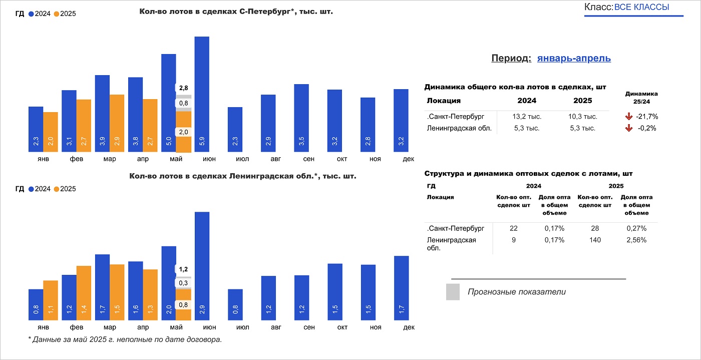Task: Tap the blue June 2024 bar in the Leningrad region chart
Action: [202, 266]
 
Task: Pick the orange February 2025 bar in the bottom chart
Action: [84, 293]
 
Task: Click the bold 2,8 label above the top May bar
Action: [183, 88]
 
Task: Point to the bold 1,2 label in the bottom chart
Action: [183, 269]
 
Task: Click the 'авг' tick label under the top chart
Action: [268, 159]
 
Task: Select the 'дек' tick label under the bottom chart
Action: [409, 327]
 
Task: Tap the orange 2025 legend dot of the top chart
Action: [57, 14]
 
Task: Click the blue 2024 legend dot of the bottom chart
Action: [32, 189]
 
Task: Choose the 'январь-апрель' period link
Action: [574, 58]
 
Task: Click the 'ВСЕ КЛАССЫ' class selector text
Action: [641, 7]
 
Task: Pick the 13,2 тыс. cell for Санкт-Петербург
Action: [527, 117]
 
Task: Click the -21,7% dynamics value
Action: [646, 117]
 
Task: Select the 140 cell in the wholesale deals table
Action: [595, 240]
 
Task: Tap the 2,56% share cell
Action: [636, 240]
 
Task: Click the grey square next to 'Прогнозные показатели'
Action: [453, 292]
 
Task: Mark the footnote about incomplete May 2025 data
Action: [125, 339]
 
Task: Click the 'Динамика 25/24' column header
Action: [641, 97]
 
